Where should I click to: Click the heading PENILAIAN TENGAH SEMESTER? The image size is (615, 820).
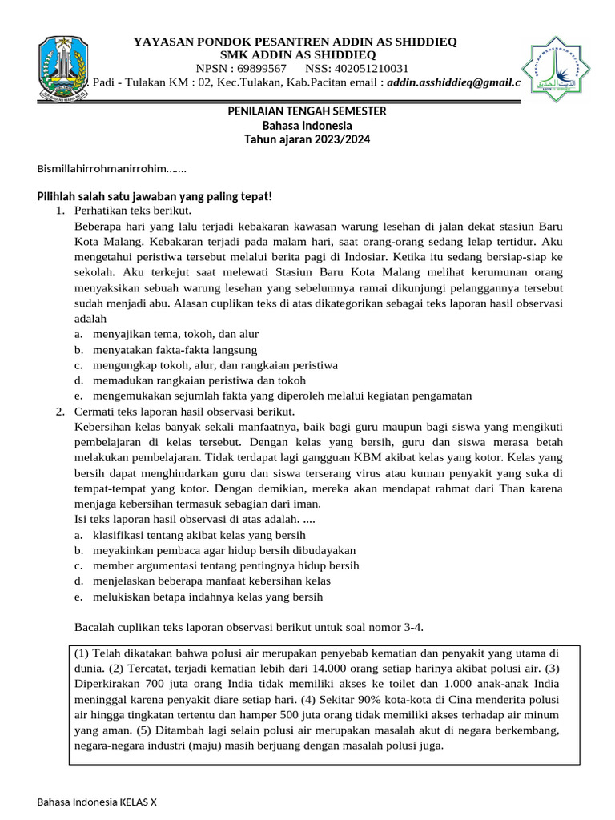pyautogui.click(x=307, y=111)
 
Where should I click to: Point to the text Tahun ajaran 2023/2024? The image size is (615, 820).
pyautogui.click(x=307, y=139)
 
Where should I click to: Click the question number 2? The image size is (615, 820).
pyautogui.click(x=60, y=411)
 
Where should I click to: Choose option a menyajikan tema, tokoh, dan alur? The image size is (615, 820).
pyautogui.click(x=175, y=334)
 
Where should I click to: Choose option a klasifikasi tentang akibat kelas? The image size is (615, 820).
pyautogui.click(x=199, y=535)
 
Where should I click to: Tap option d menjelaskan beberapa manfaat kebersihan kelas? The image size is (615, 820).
pyautogui.click(x=211, y=581)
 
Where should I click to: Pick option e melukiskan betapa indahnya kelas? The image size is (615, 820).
pyautogui.click(x=207, y=597)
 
